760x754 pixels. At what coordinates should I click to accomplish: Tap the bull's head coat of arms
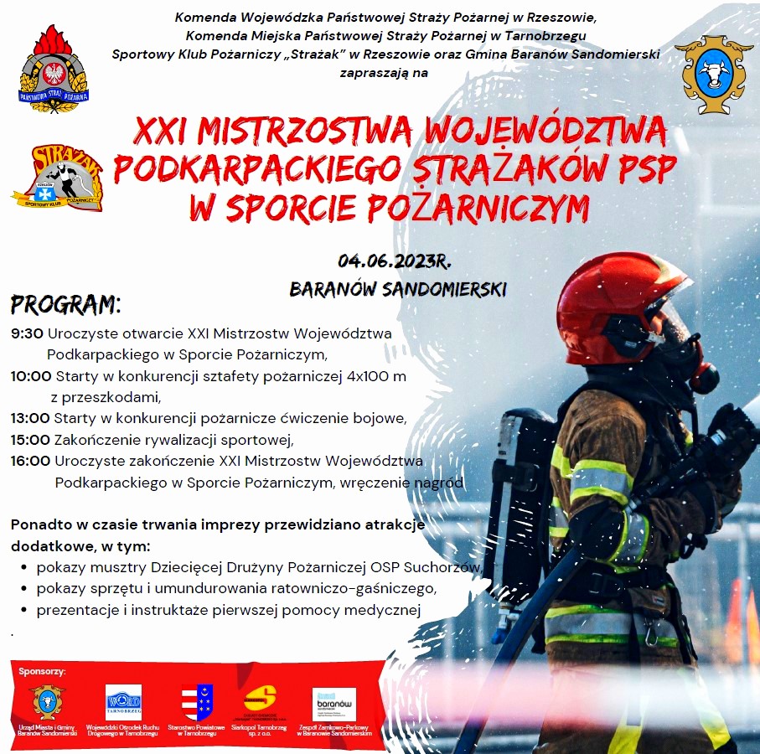pos(714,73)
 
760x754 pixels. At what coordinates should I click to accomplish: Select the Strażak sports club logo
pos(57,178)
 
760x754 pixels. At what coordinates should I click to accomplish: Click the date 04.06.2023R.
pos(395,261)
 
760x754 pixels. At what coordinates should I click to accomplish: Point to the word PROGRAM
pos(66,302)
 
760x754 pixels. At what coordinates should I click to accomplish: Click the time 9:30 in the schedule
pos(27,333)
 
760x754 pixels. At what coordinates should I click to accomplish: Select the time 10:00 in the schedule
pos(31,376)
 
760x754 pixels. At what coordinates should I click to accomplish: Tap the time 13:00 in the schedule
pos(31,418)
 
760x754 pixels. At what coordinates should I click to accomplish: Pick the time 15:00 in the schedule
pos(31,439)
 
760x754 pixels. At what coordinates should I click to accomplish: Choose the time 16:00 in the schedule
pos(31,461)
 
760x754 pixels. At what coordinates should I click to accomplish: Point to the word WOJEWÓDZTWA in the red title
pos(546,132)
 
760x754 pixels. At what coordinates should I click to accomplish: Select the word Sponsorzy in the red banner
pos(42,671)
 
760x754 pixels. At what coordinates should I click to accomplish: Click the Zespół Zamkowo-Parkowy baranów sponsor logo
pos(334,704)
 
